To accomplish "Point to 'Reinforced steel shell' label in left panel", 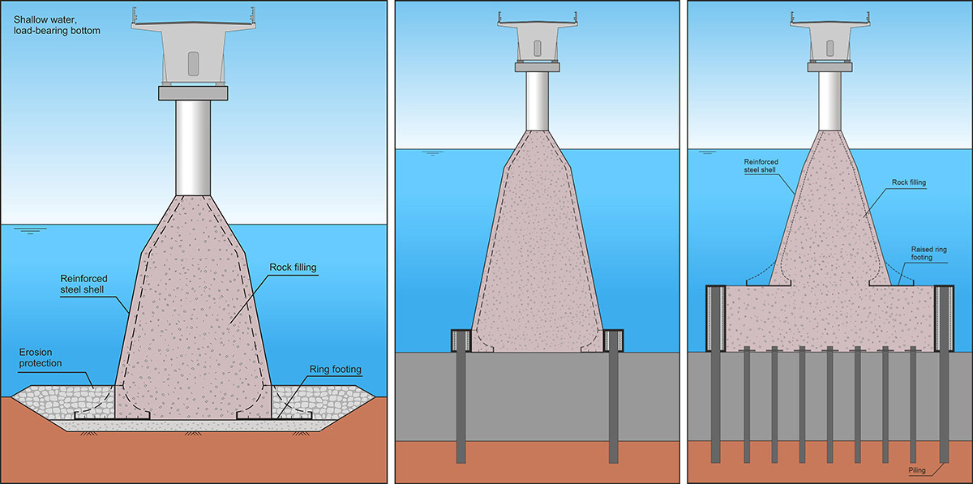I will click(83, 285).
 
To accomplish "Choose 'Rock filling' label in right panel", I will click(907, 183).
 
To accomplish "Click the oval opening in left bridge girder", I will click(193, 64).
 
